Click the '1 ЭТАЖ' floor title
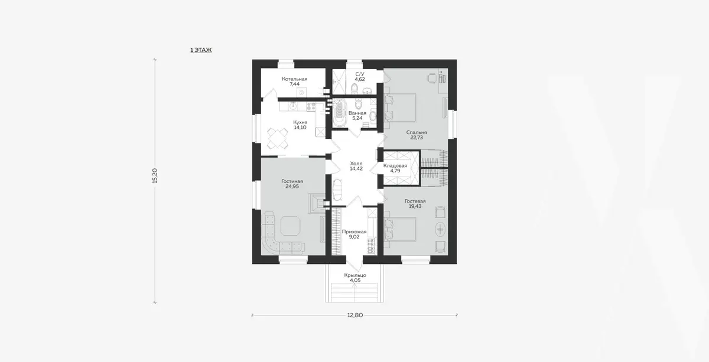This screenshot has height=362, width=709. point(201,50)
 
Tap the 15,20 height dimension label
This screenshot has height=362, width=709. point(155,175)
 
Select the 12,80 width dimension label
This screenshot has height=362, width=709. point(355,315)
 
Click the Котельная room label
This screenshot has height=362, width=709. point(295,79)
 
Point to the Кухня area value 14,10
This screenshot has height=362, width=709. point(300,128)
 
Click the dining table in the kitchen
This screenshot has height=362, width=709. point(278,138)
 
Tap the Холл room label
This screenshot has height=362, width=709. point(356,164)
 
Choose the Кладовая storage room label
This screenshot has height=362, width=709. point(395,165)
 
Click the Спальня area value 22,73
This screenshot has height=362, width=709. point(417,138)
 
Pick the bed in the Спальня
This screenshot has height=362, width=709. point(400,107)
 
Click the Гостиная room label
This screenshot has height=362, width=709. point(292,181)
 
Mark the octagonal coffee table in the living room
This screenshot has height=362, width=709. point(290,226)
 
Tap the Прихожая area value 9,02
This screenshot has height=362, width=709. point(354,237)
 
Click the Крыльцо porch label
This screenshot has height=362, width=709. point(355,275)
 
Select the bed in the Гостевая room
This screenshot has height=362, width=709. point(400,229)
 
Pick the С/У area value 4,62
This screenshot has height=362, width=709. point(360,79)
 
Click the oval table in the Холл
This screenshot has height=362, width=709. point(338,190)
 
